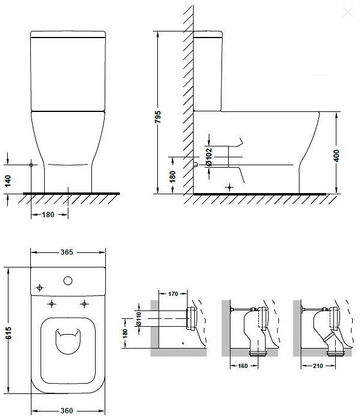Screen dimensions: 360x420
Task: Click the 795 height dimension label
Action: [x=158, y=117]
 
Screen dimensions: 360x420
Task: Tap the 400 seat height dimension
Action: [x=336, y=156]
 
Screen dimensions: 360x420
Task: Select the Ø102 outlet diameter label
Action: [x=209, y=157]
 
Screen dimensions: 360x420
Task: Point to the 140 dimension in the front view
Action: [x=8, y=180]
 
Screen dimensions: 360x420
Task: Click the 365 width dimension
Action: [x=67, y=252]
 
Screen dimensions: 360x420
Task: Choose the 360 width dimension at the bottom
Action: [x=67, y=411]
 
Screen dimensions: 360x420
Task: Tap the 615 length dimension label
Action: [x=8, y=333]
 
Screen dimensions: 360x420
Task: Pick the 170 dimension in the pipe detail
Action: [x=173, y=294]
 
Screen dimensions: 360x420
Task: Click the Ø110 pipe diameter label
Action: [x=139, y=319]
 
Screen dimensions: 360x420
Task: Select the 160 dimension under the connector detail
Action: [x=243, y=366]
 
